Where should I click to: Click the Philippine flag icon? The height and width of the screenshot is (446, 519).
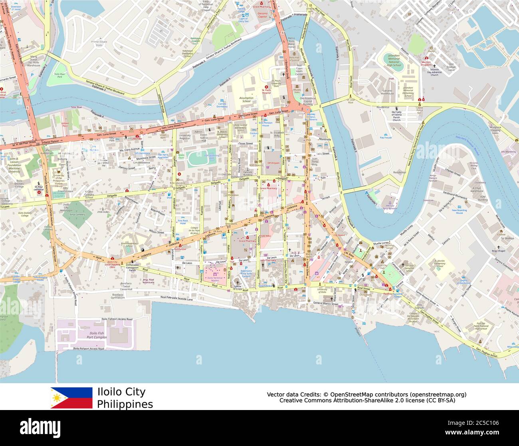click(x=71, y=398)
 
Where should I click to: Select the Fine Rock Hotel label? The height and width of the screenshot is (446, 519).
click(x=183, y=222)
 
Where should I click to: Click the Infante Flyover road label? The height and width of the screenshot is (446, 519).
click(x=50, y=141)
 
